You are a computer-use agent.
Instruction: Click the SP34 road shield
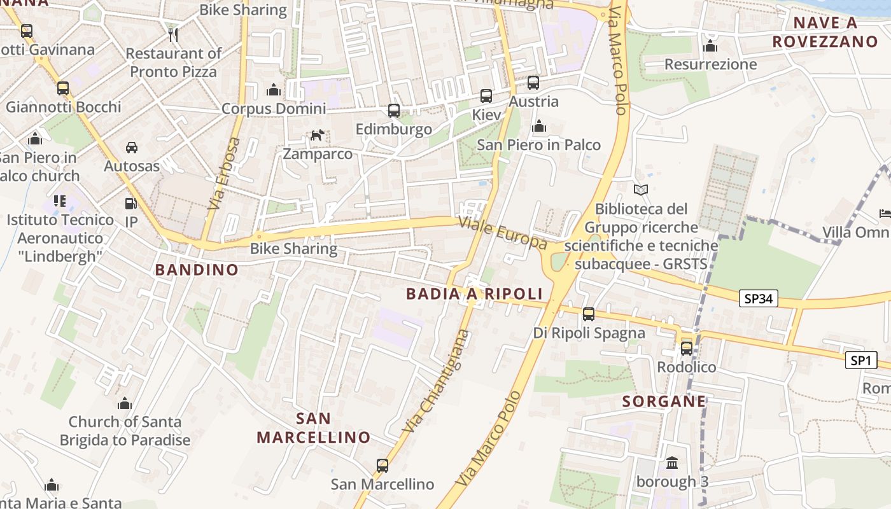[x=759, y=298]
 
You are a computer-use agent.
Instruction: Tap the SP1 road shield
[x=860, y=361]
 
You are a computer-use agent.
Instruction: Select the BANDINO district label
[x=197, y=270]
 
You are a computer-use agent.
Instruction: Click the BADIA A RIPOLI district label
[x=474, y=293]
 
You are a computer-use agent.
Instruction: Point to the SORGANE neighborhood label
[x=664, y=401]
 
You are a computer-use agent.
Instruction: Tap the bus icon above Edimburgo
[x=394, y=111]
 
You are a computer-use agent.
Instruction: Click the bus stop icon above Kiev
[x=486, y=96]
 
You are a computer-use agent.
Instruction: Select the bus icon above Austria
[x=533, y=83]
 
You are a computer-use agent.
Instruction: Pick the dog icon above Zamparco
[x=317, y=135]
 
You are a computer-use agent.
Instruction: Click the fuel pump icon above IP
[x=130, y=204]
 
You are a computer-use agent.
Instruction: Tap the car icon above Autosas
[x=132, y=148]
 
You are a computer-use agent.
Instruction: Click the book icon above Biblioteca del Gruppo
[x=641, y=190]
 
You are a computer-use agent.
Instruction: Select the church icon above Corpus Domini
[x=274, y=90]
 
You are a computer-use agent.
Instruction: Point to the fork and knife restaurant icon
[x=172, y=34]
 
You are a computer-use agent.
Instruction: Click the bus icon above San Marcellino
[x=382, y=465]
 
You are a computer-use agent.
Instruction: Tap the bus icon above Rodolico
[x=686, y=348]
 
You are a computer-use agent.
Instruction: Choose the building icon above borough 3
[x=672, y=463]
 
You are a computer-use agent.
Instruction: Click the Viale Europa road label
[x=503, y=232]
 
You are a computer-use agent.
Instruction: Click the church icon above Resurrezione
[x=710, y=46]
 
